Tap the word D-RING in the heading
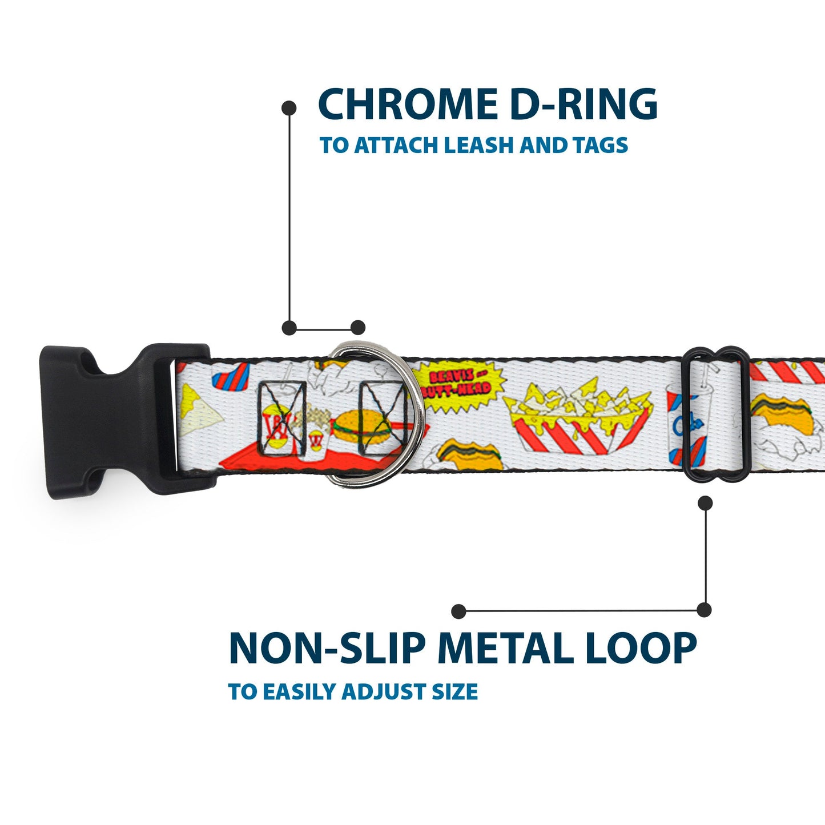[x=583, y=104]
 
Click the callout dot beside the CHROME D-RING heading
[x=289, y=107]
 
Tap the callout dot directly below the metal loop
[x=705, y=503]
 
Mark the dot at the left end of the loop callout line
[x=458, y=611]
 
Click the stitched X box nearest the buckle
[x=282, y=418]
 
